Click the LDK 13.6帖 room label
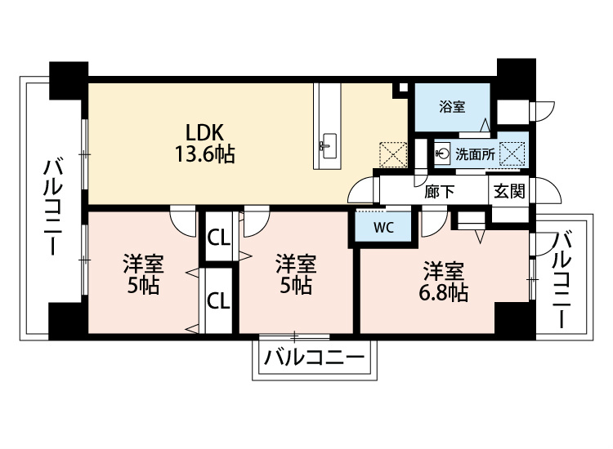(204, 143)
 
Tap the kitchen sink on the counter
(327, 145)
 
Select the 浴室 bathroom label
(452, 107)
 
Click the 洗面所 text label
(475, 154)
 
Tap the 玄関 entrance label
(509, 191)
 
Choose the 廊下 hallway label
(440, 191)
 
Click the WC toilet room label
(383, 228)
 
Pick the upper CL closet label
(218, 238)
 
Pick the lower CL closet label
(218, 300)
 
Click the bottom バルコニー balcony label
(315, 358)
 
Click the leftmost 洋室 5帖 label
(144, 274)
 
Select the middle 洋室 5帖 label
(296, 274)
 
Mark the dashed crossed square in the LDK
(393, 155)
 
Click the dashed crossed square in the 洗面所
(512, 153)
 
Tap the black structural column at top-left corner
(69, 80)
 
